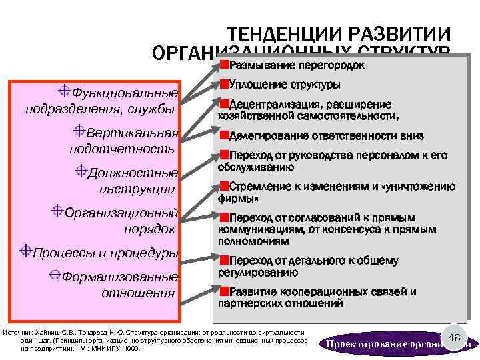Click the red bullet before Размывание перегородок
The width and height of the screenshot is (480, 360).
point(224,64)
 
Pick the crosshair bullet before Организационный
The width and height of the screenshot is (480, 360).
point(58,212)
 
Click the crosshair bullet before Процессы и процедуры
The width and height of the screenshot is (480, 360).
point(26,251)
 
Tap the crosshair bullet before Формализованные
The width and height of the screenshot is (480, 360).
point(55,275)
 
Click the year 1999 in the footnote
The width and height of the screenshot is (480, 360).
point(133,348)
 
